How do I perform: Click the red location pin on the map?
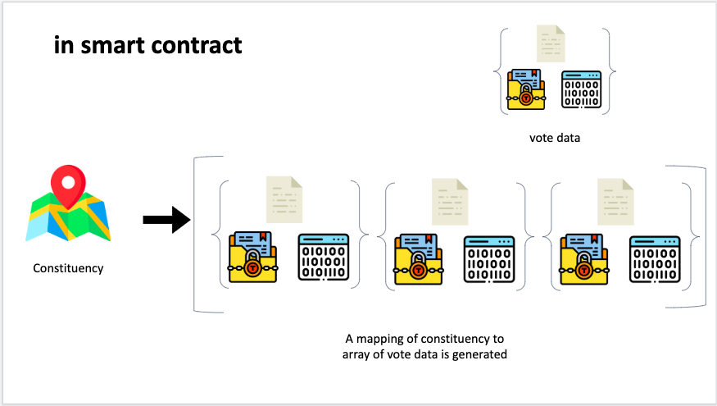[68, 184]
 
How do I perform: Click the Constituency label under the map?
[68, 268]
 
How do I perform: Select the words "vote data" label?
[555, 138]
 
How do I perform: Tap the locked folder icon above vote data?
[526, 89]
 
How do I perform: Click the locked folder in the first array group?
[252, 258]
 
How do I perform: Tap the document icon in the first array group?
[283, 198]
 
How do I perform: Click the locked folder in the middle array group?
[419, 259]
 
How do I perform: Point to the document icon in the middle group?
[449, 199]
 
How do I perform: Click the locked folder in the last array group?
[583, 259]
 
